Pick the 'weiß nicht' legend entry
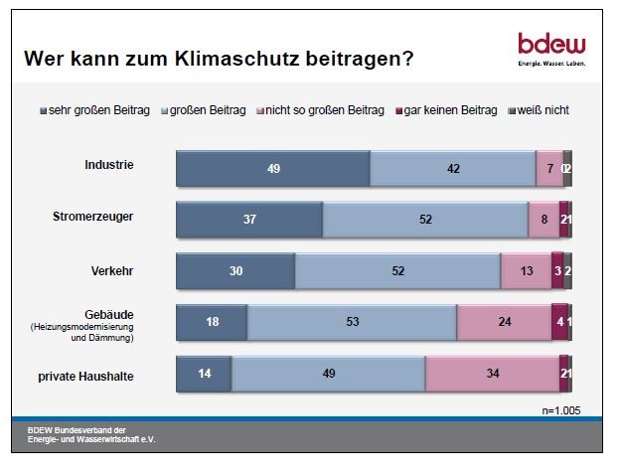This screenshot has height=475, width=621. [541, 110]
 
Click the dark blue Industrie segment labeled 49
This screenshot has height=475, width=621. [273, 170]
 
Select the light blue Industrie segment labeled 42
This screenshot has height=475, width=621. [452, 170]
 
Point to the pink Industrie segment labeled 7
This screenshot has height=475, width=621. [548, 170]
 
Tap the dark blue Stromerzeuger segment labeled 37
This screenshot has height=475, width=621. [249, 220]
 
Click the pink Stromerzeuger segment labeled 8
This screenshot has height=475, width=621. [543, 220]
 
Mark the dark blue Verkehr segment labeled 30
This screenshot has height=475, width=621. [235, 270]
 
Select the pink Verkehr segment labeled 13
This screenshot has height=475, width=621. [526, 270]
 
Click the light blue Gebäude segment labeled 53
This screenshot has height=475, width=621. [352, 322]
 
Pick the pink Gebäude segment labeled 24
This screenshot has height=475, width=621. [504, 322]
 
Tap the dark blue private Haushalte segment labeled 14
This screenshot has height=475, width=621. [204, 374]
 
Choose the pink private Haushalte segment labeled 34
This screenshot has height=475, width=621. [492, 374]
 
